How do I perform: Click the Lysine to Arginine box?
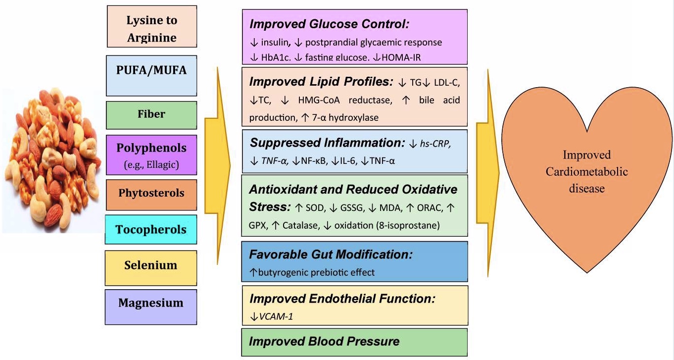click(151, 29)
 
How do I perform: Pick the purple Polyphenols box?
click(151, 154)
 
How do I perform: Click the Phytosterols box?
click(151, 193)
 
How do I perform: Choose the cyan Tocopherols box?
click(151, 230)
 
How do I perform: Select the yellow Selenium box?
click(151, 266)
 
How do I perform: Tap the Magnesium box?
click(151, 303)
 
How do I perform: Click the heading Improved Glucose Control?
click(330, 25)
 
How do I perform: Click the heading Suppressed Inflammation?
click(327, 143)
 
